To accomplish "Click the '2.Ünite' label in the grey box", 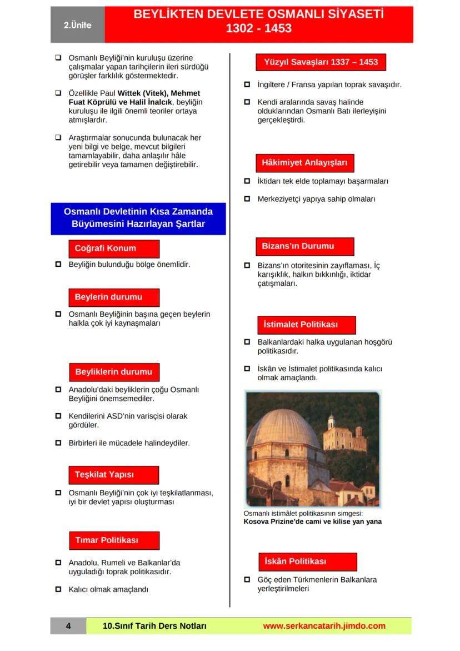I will (x=77, y=25).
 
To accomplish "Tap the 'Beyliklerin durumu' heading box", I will (x=113, y=372).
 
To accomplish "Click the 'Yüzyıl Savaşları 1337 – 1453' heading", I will (x=321, y=62).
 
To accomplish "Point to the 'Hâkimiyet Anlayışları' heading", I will (x=304, y=163).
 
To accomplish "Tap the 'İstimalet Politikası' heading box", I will (x=306, y=325).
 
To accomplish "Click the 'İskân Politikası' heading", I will (x=307, y=561).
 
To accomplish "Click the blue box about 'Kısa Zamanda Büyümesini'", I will (x=138, y=218).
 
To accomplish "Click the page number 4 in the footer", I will (x=68, y=626).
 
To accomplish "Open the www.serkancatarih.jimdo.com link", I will (x=324, y=626).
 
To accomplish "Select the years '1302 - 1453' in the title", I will (x=258, y=28).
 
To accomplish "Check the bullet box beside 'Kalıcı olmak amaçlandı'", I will (x=58, y=589).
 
